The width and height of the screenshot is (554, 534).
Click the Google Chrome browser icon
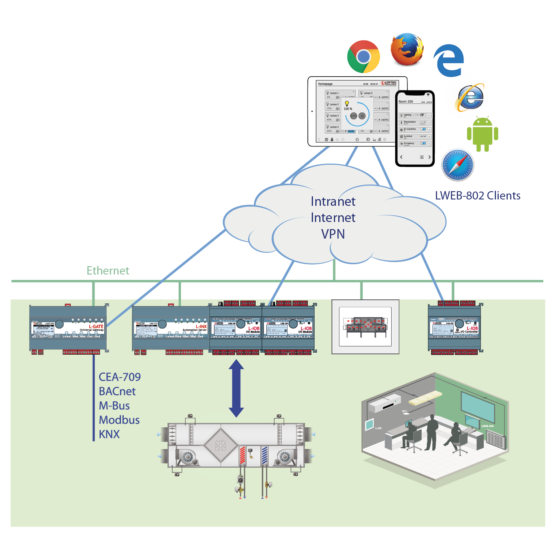(x=363, y=56)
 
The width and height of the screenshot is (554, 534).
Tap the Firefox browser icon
(x=407, y=49)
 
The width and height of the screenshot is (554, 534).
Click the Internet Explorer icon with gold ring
(x=469, y=97)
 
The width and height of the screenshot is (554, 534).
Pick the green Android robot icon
(x=482, y=134)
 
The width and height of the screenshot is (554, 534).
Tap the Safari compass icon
(x=458, y=165)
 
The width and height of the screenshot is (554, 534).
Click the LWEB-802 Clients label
(x=477, y=196)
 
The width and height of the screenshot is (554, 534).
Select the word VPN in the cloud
(x=333, y=234)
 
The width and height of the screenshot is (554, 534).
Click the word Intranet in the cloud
(x=333, y=201)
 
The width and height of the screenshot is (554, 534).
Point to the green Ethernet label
(x=108, y=271)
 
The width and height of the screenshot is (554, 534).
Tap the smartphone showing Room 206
(x=415, y=128)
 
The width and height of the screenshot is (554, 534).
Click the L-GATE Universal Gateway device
(x=68, y=329)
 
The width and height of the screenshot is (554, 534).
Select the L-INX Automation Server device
(x=171, y=329)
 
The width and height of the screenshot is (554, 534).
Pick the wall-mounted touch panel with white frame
(x=366, y=327)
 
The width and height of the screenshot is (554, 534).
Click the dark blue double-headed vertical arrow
(x=236, y=388)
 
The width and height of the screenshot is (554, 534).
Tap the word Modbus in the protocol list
(x=119, y=420)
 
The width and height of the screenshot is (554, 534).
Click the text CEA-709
(x=120, y=377)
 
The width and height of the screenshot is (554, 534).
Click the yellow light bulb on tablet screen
(x=347, y=103)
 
